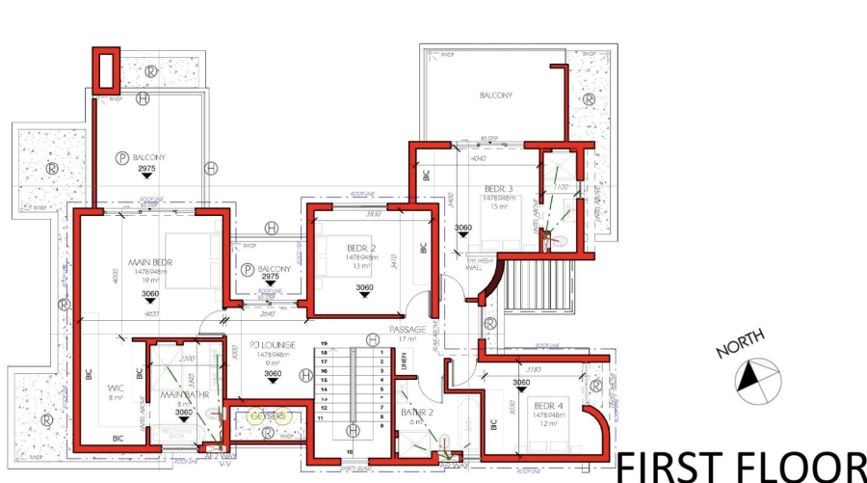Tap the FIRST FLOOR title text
pos(740,466)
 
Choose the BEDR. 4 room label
pos(549,404)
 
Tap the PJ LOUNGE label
pos(272,344)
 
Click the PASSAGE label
pos(407,329)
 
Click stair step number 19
pos(325,344)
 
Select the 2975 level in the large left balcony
pos(146,169)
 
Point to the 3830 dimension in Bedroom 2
pos(374,214)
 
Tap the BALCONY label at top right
pos(495,95)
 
